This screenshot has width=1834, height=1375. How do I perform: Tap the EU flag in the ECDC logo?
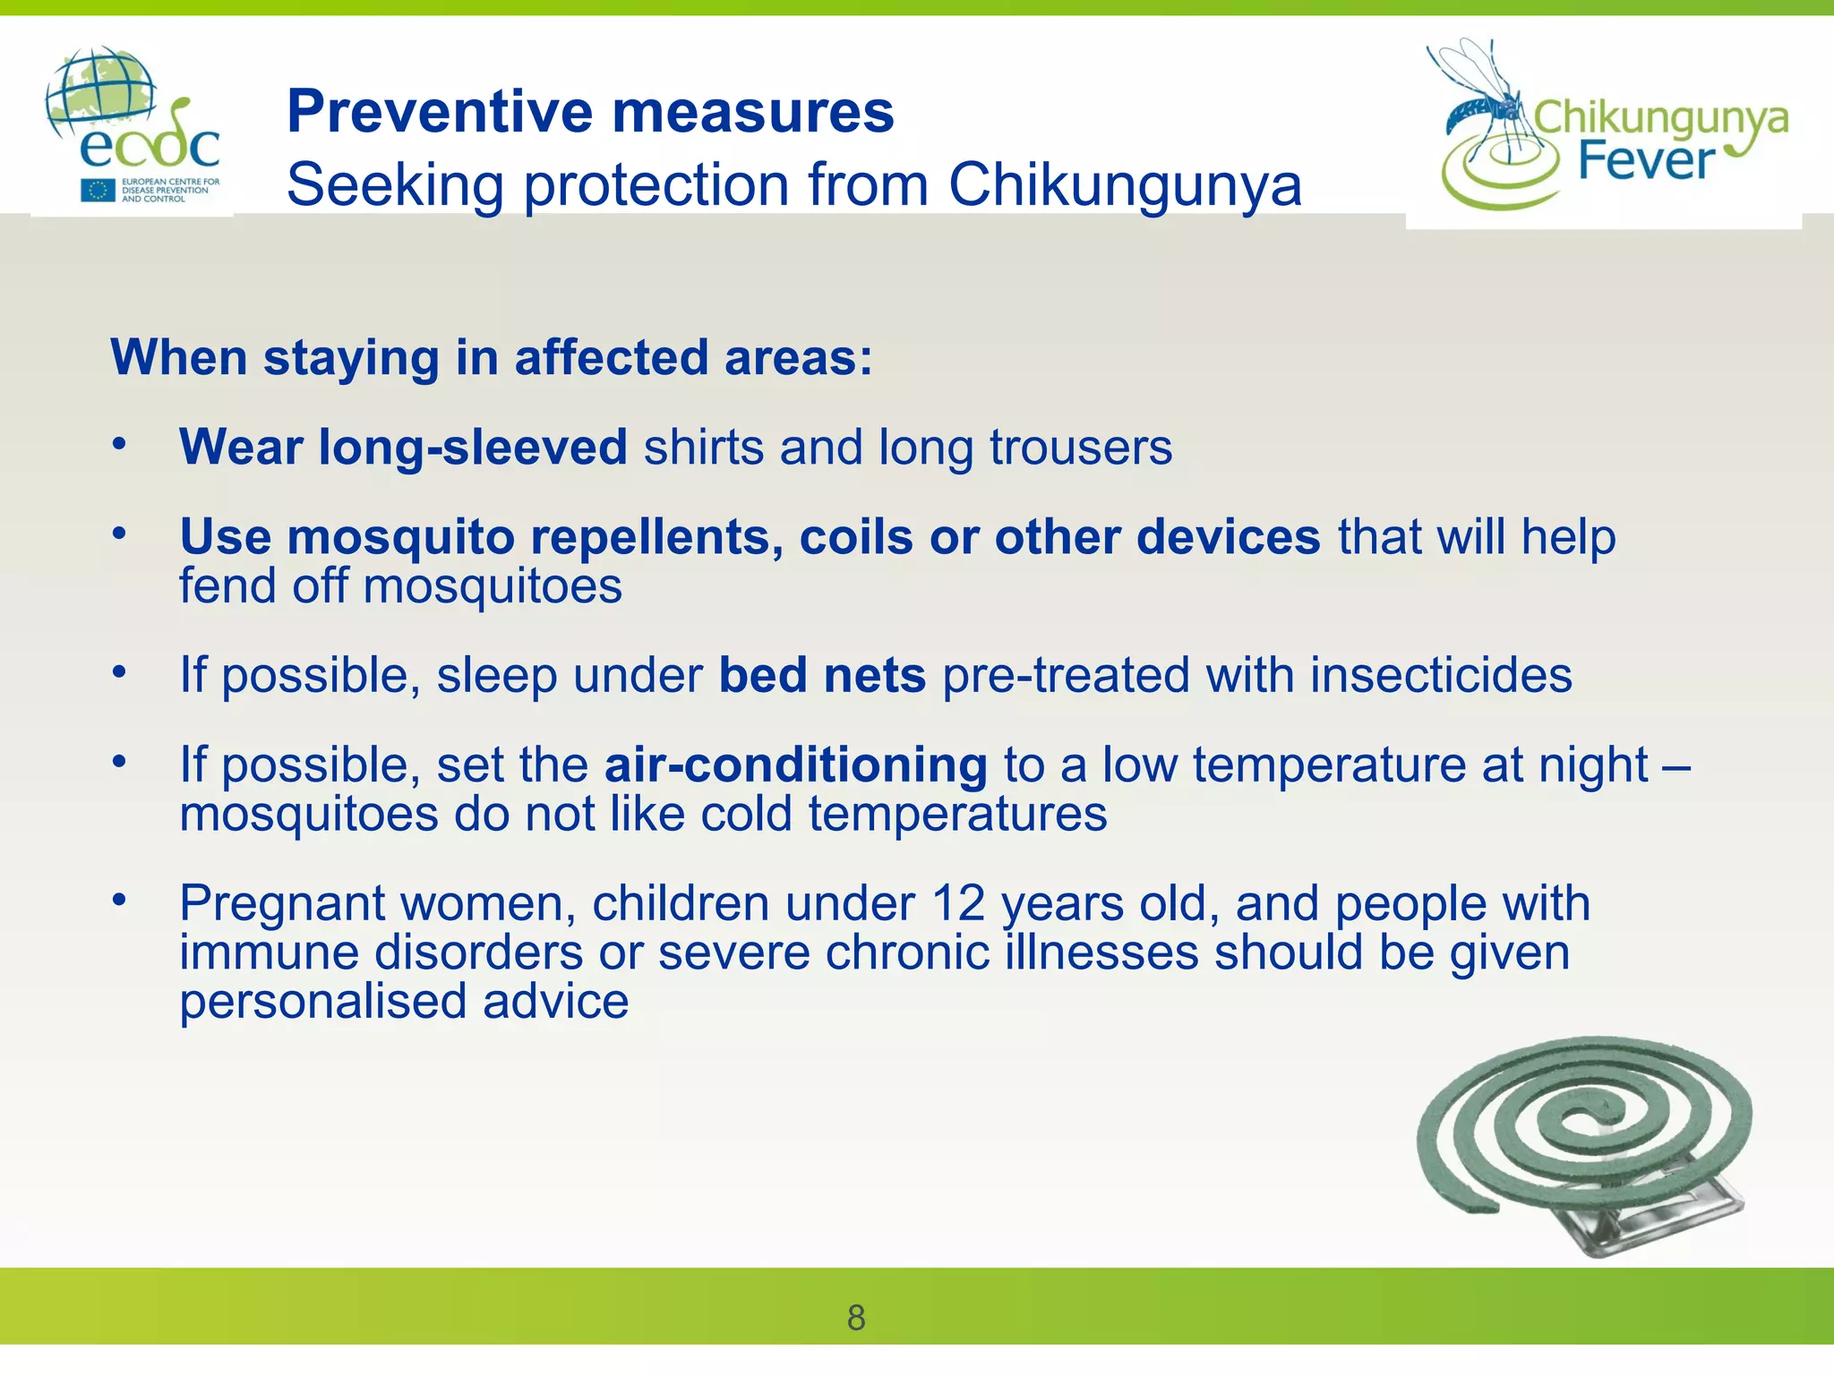[98, 190]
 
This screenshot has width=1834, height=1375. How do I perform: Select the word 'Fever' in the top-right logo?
[1645, 162]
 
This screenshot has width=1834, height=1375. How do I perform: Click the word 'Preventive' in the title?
[440, 112]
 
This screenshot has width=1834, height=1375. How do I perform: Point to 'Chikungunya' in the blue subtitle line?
[1124, 185]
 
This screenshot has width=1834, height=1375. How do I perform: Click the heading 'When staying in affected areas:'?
[491, 357]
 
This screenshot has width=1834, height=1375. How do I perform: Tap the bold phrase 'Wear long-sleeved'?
[403, 447]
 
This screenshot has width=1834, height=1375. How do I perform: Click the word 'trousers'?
[1080, 447]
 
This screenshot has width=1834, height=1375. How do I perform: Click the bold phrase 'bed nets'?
[821, 675]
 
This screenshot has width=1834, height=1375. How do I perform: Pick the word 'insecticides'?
[1440, 675]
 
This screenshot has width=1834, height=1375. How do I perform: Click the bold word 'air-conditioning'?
[795, 765]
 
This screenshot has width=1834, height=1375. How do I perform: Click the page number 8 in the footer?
[856, 1318]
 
